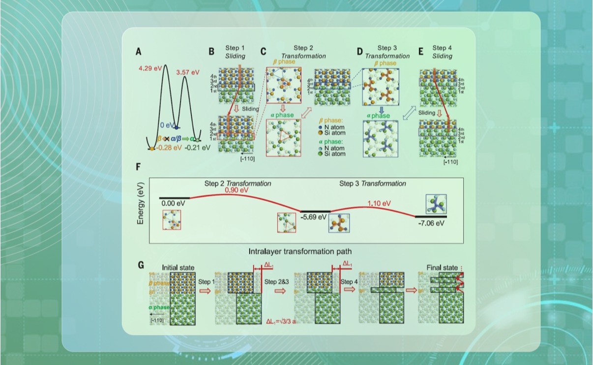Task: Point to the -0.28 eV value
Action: click(169, 147)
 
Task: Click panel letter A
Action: click(139, 51)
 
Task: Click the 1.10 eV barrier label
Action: click(379, 203)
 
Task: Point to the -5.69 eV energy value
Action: click(313, 216)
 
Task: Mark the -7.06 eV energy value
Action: click(431, 222)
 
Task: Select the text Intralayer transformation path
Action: click(300, 251)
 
